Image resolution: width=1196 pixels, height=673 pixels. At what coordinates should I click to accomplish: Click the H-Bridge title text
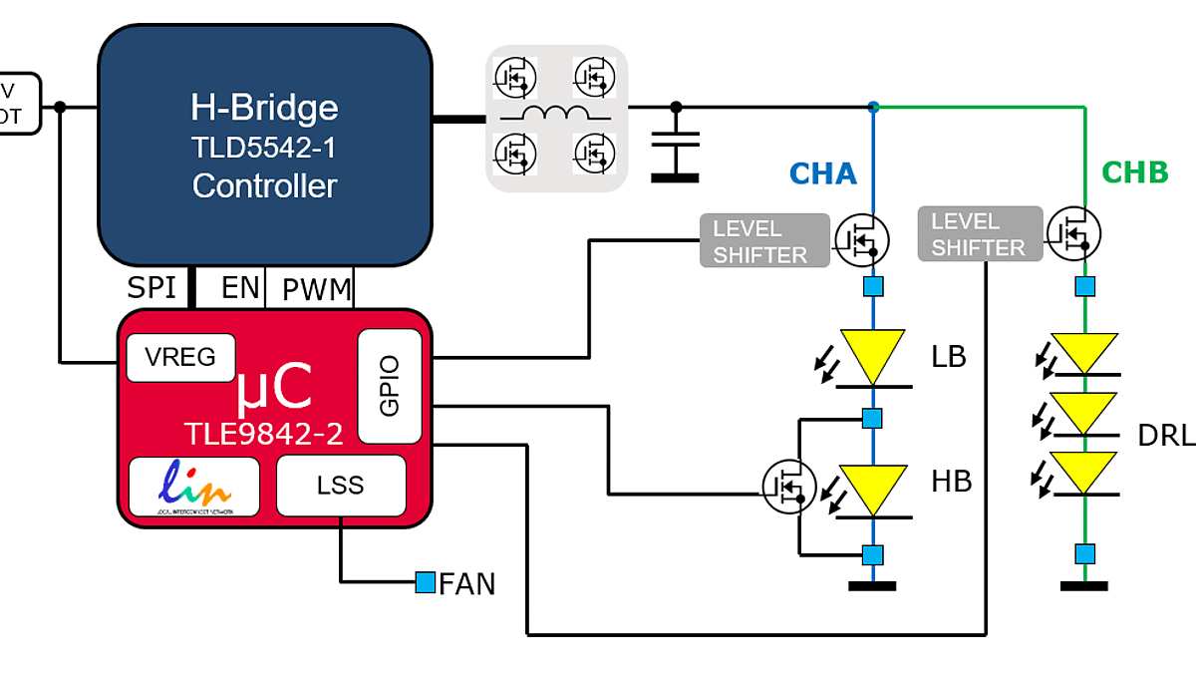coord(264,108)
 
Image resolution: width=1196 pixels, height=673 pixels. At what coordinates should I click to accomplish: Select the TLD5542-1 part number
coord(264,148)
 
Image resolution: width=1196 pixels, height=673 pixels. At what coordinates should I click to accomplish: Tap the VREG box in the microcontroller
coord(180,358)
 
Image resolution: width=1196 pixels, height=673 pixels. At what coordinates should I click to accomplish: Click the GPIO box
coord(390,386)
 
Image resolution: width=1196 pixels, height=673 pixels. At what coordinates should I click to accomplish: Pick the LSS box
coord(341,486)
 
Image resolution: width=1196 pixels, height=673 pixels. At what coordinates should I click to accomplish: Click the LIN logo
coord(194,486)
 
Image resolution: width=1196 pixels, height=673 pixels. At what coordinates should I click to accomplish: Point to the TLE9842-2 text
coord(263,433)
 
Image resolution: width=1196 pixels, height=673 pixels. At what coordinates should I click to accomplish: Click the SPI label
coord(151,289)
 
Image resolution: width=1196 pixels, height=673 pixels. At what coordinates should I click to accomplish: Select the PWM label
coord(317,290)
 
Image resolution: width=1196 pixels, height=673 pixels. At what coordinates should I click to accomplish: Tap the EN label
coord(240,289)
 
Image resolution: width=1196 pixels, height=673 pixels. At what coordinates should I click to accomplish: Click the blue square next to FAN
coord(426,581)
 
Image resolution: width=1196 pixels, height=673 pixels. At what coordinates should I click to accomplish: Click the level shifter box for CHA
coord(764,241)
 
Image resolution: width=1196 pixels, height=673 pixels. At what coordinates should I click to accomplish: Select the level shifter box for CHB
coord(980,234)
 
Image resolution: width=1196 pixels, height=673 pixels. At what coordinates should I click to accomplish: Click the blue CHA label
coord(823,173)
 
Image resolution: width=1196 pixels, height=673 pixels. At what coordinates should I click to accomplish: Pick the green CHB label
coord(1134,172)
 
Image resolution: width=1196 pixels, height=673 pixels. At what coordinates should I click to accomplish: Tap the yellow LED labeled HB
coord(873,490)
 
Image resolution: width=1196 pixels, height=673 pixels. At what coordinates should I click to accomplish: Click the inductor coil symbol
coord(556,115)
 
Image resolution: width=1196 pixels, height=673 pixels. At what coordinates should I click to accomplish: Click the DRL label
coord(1165,436)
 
